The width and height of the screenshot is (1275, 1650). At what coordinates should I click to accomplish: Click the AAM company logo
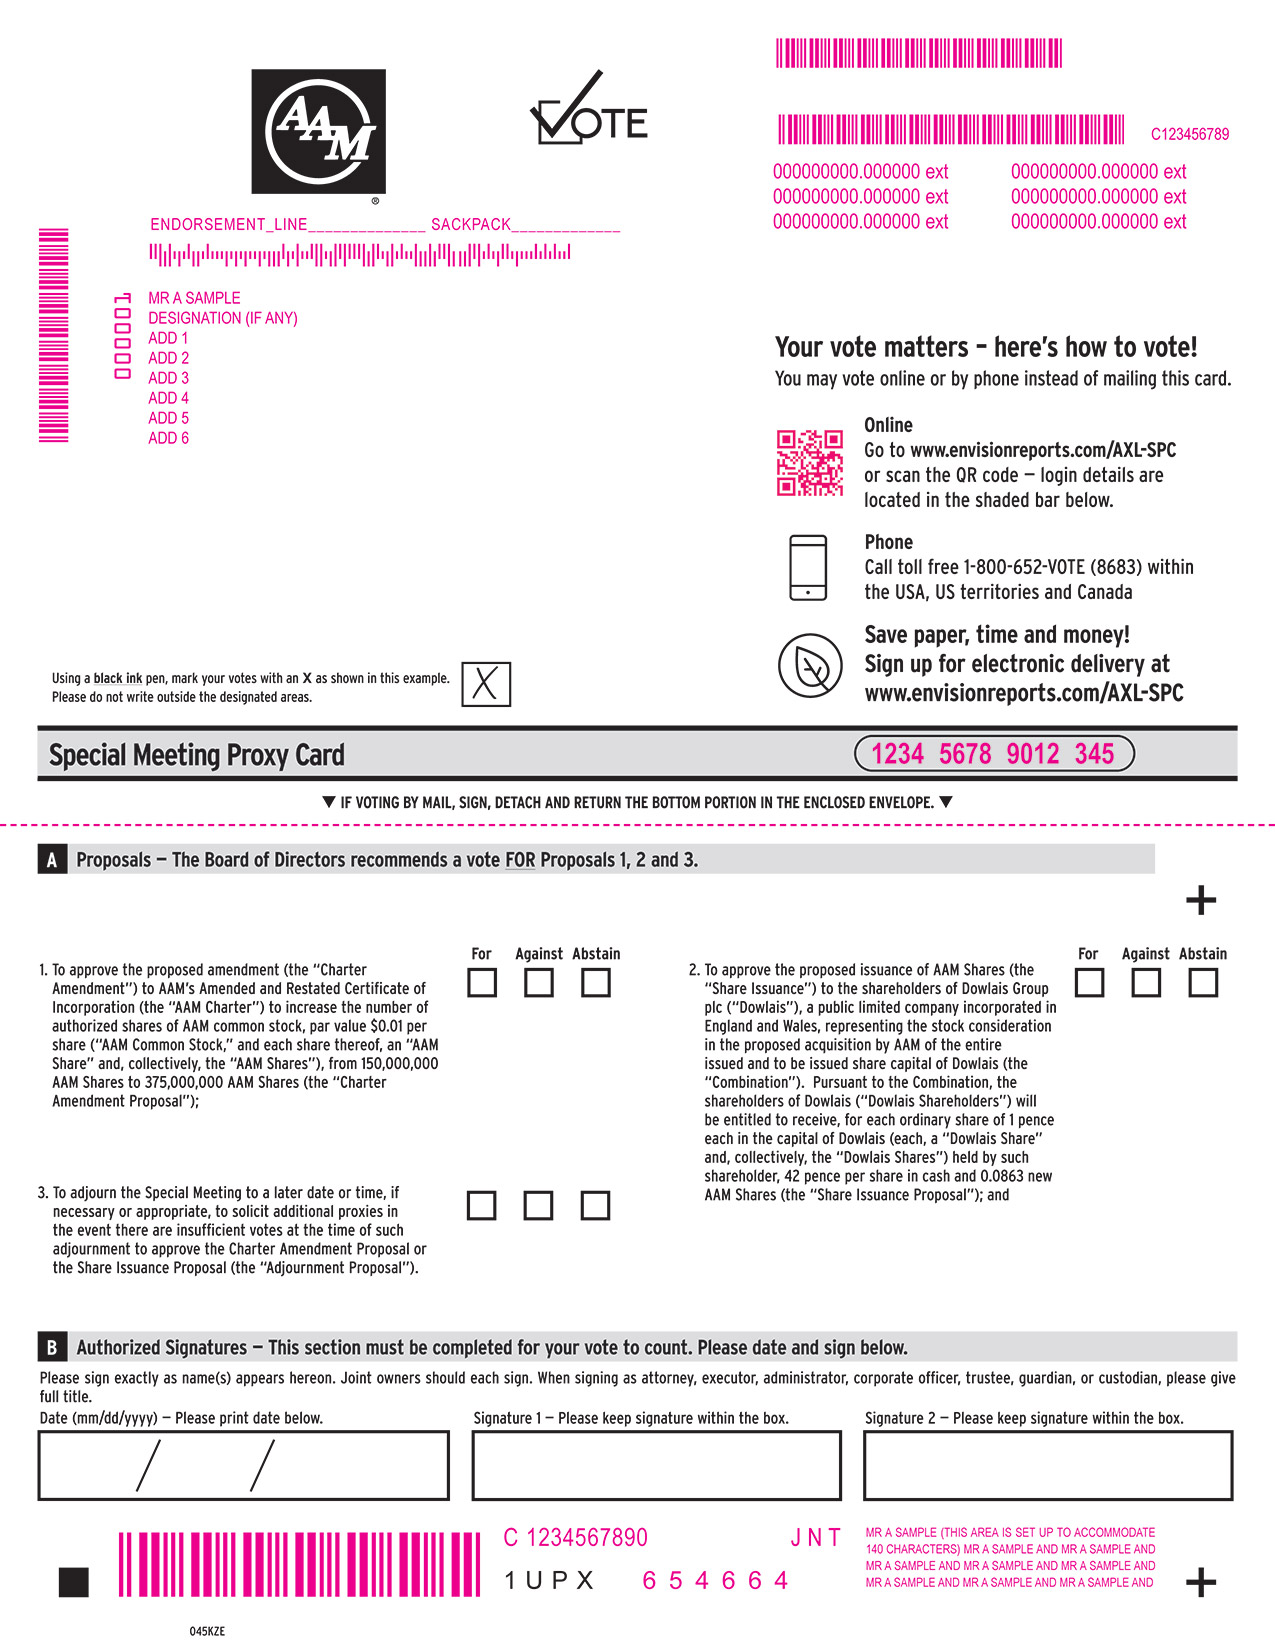point(318,131)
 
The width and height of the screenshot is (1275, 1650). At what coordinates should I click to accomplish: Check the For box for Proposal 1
point(482,983)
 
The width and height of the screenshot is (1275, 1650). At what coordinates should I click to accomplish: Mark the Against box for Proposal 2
point(1146,983)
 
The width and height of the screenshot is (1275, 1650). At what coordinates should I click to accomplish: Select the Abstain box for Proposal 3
point(595,1205)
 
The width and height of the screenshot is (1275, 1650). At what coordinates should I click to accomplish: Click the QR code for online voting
point(810,463)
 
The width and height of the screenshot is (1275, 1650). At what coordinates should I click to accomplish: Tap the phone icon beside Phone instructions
point(808,567)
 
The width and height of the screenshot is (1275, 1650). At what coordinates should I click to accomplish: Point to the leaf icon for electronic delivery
point(810,665)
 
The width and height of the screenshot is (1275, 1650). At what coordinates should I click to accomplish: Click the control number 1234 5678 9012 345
point(993,754)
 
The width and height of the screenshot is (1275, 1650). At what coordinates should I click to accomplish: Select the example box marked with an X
point(486,685)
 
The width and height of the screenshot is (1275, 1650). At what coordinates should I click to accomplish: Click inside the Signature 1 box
point(656,1465)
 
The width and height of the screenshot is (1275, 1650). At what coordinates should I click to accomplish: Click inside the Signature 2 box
point(1047,1465)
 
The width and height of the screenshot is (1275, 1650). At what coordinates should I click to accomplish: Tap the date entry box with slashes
point(243,1465)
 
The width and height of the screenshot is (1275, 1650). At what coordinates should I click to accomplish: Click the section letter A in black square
point(52,860)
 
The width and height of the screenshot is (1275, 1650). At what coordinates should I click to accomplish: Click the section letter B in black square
point(52,1347)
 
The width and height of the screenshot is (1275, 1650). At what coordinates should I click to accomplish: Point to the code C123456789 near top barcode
point(1189,134)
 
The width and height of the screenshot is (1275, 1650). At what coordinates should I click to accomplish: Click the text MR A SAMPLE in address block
point(194,298)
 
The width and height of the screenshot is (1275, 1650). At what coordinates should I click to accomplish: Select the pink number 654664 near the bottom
point(715,1581)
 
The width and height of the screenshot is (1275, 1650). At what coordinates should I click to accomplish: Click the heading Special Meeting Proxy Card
point(197,755)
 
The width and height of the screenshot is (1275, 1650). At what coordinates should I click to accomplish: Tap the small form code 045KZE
point(207,1631)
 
